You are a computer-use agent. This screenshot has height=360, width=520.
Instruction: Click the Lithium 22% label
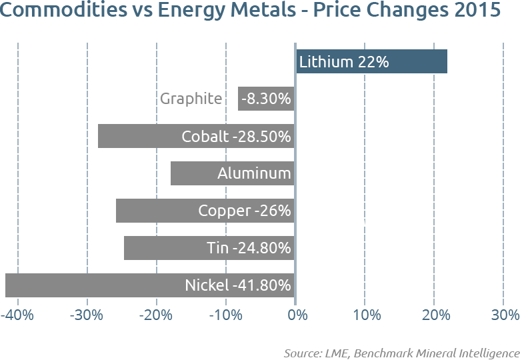(x=343, y=62)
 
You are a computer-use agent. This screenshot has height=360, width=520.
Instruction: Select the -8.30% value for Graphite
(x=266, y=99)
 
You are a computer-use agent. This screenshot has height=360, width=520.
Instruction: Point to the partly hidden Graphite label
(x=191, y=99)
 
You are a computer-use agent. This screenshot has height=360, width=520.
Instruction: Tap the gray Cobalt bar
(x=133, y=136)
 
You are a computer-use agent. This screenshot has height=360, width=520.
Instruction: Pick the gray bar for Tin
(x=160, y=248)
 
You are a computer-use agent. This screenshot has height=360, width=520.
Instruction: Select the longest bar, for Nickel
(x=93, y=285)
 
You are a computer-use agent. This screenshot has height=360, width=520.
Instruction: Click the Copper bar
(x=153, y=211)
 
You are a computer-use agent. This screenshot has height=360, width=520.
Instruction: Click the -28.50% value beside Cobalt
(x=261, y=136)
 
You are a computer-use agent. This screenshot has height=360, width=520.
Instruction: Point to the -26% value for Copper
(x=273, y=211)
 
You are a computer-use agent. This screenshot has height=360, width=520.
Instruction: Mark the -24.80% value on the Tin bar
(x=261, y=248)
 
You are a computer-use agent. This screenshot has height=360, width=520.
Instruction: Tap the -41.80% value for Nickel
(x=261, y=285)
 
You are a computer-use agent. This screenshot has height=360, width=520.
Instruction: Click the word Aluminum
(x=254, y=173)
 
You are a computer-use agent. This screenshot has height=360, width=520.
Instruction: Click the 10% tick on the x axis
(x=367, y=315)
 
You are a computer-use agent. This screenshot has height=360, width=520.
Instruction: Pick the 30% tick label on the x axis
(x=505, y=315)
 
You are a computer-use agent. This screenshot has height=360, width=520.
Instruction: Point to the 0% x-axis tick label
(x=297, y=315)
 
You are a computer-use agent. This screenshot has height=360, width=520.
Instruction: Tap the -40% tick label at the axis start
(x=17, y=315)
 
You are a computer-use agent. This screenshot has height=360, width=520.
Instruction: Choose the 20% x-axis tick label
(x=435, y=315)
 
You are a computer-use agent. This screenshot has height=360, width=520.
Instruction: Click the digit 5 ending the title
(x=495, y=9)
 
